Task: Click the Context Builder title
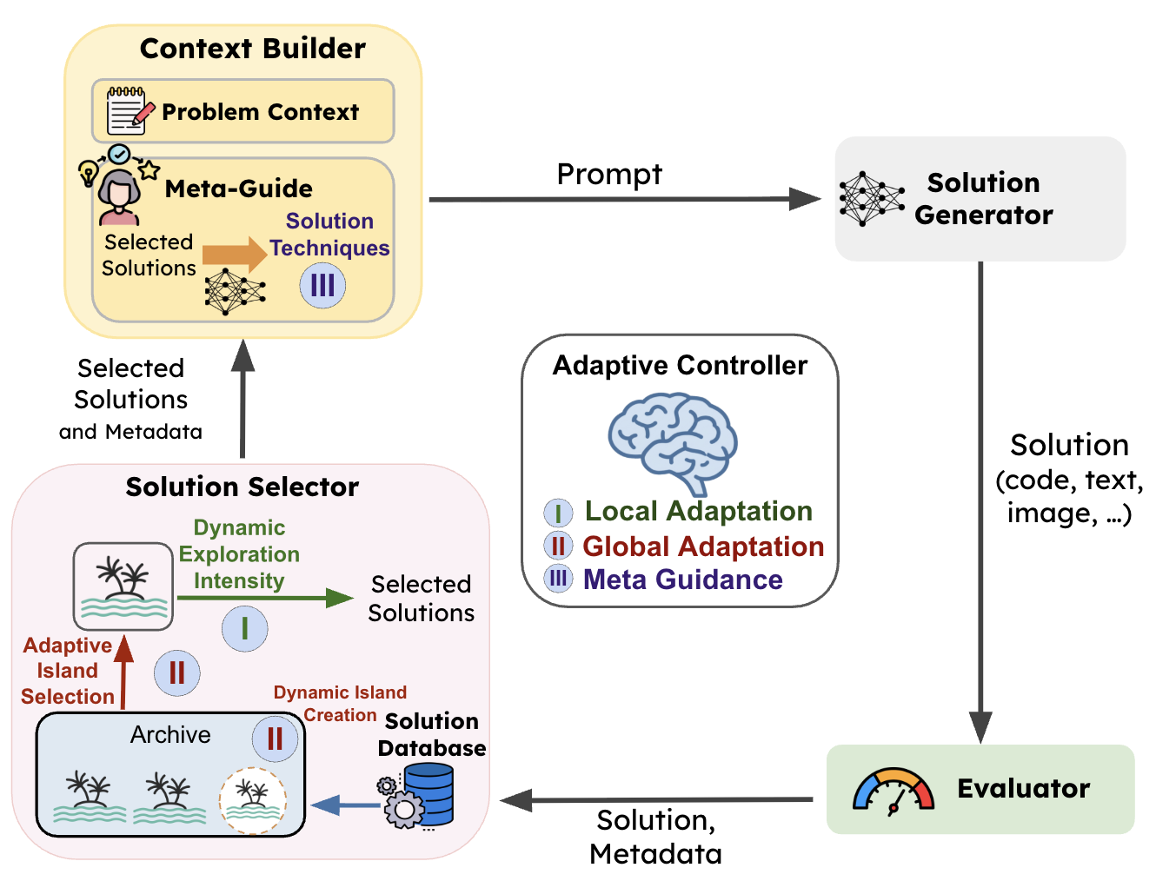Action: pos(252,49)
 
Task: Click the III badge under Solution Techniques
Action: pos(322,285)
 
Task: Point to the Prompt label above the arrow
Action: pos(609,175)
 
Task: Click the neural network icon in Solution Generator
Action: pos(871,199)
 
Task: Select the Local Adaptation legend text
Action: pos(698,511)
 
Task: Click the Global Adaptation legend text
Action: pos(702,546)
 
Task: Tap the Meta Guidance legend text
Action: pos(682,580)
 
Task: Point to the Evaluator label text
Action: pos(1023,789)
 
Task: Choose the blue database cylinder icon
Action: pos(429,794)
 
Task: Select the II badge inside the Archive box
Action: pos(275,739)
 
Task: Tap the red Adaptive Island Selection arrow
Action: pos(124,672)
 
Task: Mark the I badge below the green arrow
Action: pos(244,628)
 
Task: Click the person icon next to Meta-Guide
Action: pos(119,197)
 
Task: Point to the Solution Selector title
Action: pos(242,487)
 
